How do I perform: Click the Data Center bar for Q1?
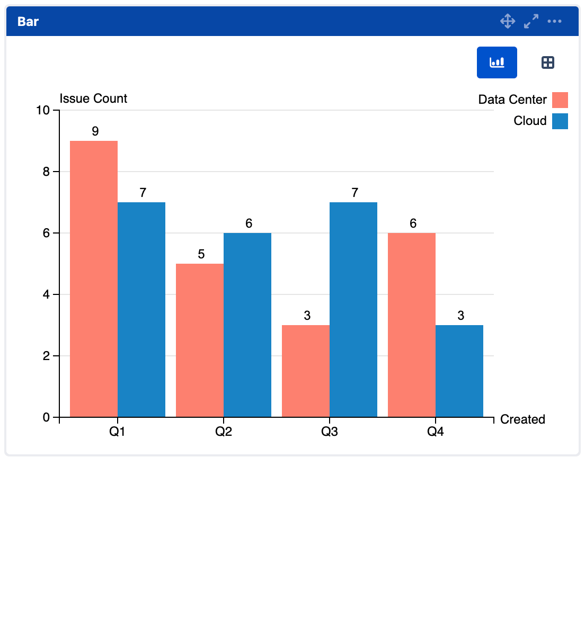pyautogui.click(x=94, y=279)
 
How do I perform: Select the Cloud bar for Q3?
pyautogui.click(x=353, y=310)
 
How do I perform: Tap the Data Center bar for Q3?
pyautogui.click(x=306, y=371)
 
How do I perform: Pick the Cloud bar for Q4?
pyautogui.click(x=459, y=371)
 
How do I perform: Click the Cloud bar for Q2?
pyautogui.click(x=247, y=325)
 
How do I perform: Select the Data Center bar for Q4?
pyautogui.click(x=412, y=325)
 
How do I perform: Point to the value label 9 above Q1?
pyautogui.click(x=95, y=131)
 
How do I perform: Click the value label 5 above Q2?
pyautogui.click(x=201, y=254)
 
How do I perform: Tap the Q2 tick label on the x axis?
pyautogui.click(x=224, y=432)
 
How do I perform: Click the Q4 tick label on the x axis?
pyautogui.click(x=436, y=432)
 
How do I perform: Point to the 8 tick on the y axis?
pyautogui.click(x=47, y=172)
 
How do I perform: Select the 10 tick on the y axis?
pyautogui.click(x=43, y=110)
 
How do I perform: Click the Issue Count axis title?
pyautogui.click(x=93, y=98)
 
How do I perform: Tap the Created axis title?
pyautogui.click(x=522, y=419)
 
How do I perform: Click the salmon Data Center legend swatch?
pyautogui.click(x=560, y=100)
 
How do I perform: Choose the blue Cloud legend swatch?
pyautogui.click(x=560, y=121)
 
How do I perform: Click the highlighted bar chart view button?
pyautogui.click(x=497, y=62)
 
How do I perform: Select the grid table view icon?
pyautogui.click(x=548, y=62)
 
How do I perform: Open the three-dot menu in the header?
pyautogui.click(x=555, y=21)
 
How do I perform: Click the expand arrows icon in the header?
pyautogui.click(x=531, y=21)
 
